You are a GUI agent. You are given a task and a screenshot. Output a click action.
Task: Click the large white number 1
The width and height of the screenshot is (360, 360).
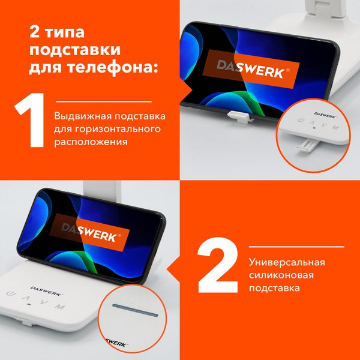coord(31,120)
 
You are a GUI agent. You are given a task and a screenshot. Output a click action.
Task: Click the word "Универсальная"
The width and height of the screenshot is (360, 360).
coord(287,263)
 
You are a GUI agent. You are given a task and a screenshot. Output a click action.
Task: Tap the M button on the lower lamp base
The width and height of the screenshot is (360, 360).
coord(59,307)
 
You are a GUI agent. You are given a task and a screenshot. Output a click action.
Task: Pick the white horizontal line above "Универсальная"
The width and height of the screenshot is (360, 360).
coord(298,247)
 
